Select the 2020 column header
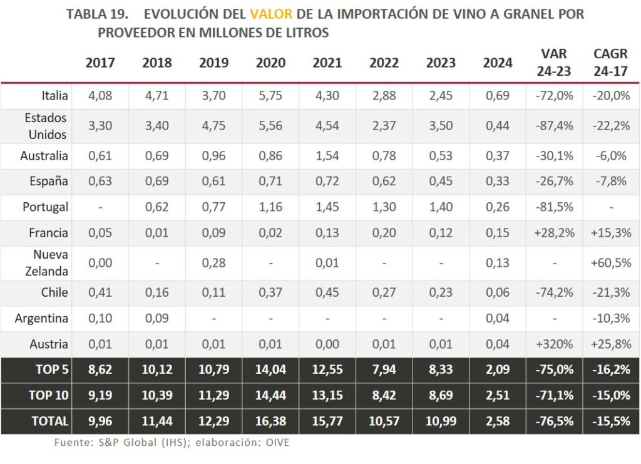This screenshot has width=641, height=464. [x=270, y=63]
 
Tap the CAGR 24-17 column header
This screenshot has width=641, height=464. [x=610, y=63]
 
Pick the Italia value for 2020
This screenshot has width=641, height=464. [x=270, y=96]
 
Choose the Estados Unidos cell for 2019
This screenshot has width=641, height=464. [x=213, y=125]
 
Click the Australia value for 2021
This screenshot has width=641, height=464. [x=327, y=155]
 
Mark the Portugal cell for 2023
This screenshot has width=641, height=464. [x=441, y=207]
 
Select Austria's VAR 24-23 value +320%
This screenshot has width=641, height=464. [x=554, y=344]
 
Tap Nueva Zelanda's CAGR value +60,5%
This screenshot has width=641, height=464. [x=610, y=263]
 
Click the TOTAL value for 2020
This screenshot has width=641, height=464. [x=270, y=421]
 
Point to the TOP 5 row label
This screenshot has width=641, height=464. [x=51, y=369]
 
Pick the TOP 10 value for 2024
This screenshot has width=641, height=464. [x=498, y=395]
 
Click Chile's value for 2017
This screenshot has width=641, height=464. [x=100, y=292]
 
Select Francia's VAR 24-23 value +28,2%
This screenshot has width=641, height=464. [x=554, y=233]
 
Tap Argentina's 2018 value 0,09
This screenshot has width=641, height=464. [x=156, y=318]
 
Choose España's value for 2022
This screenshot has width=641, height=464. [x=384, y=182]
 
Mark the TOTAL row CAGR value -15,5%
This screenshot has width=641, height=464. [x=610, y=421]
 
